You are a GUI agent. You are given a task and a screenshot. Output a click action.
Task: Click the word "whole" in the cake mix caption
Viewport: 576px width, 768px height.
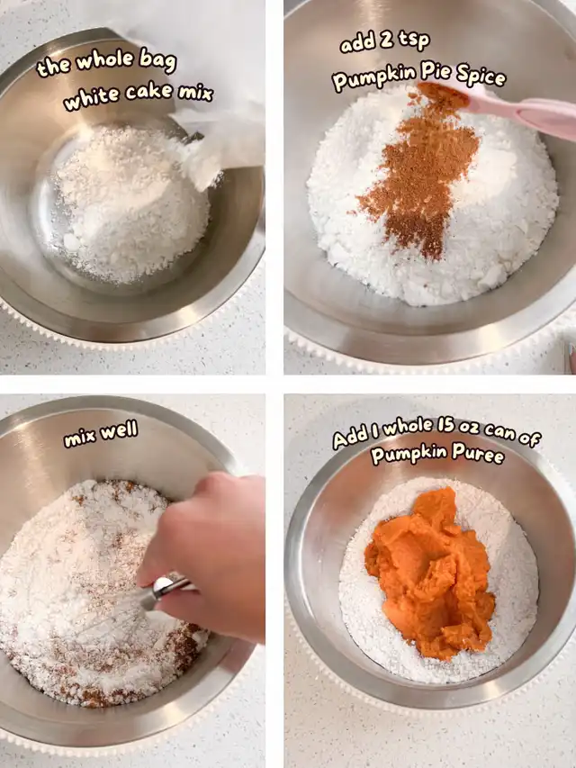103,60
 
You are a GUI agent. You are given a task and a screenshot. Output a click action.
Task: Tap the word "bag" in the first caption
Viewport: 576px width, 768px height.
157,60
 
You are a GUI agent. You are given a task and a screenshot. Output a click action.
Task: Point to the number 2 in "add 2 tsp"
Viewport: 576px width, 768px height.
386,41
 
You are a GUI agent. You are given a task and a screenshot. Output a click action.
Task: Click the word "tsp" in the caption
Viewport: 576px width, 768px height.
414,41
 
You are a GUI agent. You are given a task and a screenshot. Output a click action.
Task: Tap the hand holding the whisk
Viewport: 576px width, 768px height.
206,554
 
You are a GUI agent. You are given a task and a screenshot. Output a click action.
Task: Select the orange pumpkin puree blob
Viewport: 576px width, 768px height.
429,572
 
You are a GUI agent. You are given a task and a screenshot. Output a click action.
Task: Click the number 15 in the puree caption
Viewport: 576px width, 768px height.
445,426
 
